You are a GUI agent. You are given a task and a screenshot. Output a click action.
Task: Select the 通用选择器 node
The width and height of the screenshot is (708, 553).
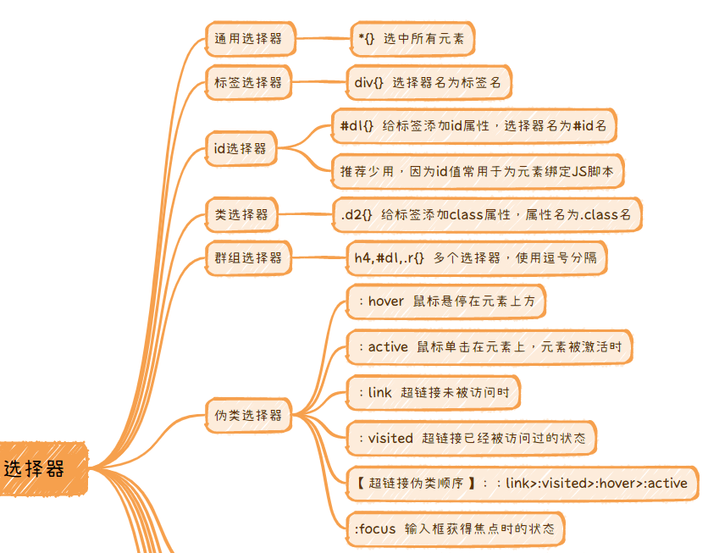pos(249,38)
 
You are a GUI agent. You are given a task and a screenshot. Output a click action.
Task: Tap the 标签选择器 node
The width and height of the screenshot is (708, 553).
pos(249,83)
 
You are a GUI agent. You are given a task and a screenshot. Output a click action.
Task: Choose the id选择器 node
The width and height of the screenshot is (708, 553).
pos(241,148)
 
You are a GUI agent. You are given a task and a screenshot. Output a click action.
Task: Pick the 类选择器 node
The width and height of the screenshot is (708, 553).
pos(241,214)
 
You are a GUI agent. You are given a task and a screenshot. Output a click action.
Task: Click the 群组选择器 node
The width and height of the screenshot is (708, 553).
pos(249,257)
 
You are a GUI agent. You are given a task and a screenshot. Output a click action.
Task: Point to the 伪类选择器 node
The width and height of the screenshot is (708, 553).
pos(249,416)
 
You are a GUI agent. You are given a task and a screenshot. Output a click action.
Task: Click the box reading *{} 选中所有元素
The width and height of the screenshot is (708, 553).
pos(412,39)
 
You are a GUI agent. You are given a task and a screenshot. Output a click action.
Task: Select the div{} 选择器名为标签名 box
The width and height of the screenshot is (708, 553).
pos(429,83)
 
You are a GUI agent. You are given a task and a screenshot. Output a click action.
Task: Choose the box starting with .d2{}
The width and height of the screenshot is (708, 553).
pos(486,214)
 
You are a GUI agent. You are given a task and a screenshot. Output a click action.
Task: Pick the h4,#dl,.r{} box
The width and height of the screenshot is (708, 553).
pos(476,257)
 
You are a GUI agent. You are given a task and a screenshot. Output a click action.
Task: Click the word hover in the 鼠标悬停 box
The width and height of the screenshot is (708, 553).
pos(386,301)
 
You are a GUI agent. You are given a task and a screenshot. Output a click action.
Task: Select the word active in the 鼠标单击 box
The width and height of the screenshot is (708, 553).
pos(389,346)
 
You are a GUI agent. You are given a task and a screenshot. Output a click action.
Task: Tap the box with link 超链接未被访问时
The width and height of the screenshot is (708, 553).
pos(433,392)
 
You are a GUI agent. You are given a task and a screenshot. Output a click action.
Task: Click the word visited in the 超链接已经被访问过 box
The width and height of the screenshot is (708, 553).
pos(390,438)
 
